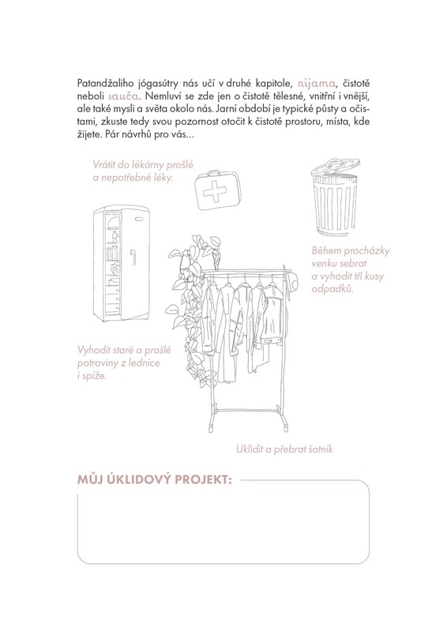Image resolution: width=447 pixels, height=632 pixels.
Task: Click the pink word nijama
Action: pos(316,84)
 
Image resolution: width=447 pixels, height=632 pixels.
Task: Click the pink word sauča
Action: pos(124,96)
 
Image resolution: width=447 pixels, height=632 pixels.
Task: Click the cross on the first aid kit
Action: pos(215,191)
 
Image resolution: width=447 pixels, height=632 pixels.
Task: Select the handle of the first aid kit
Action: pos(208,173)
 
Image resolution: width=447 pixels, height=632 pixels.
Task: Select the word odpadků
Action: pos(332,289)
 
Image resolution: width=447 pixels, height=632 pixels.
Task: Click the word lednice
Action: pos(145,363)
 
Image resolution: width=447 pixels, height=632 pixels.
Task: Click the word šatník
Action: pos(320,449)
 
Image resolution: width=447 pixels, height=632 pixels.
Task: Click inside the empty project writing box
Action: pos(223,524)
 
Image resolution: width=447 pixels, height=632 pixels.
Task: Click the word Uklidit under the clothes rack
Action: pos(250,449)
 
